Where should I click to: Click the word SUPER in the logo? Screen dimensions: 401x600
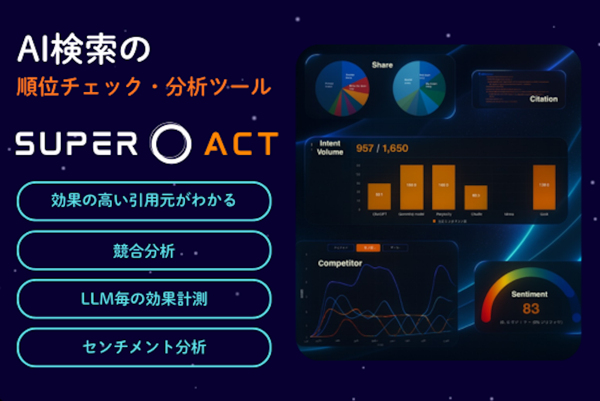76,143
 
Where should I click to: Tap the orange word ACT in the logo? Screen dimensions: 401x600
241,143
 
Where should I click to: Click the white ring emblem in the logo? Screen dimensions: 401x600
171,142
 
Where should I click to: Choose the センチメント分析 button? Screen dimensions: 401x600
144,347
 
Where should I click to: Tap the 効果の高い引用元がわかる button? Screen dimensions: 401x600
144,201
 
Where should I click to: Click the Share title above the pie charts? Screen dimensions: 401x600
382,65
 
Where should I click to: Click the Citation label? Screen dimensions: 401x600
543,99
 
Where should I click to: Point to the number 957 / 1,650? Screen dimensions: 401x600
382,149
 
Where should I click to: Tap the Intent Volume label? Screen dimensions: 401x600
330,148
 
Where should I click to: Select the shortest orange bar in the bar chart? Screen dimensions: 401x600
475,197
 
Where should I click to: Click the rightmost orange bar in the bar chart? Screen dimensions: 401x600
544,187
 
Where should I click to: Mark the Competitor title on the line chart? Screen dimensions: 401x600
340,263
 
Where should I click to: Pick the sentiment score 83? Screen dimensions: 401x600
530,309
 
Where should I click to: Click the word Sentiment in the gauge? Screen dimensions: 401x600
529,294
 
